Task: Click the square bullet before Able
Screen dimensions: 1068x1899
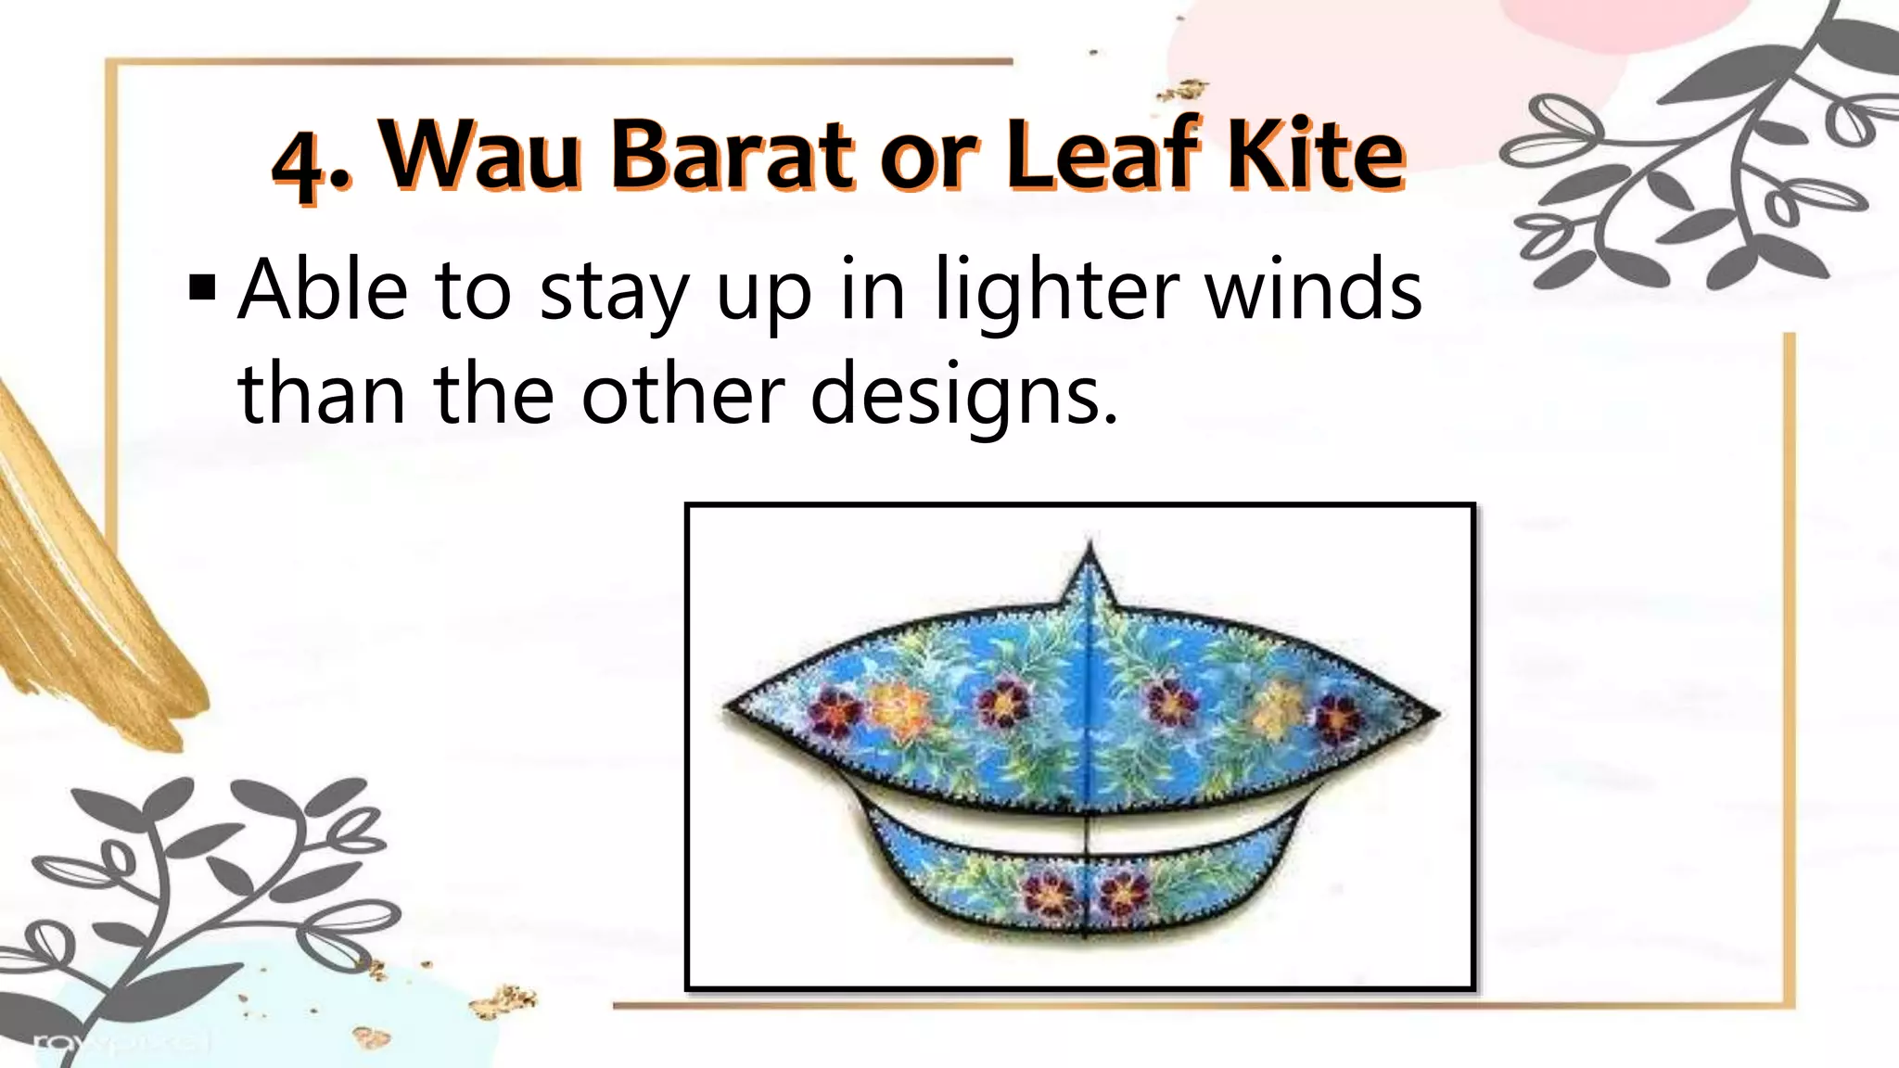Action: [x=202, y=288]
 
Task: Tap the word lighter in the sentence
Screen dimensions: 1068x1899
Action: [x=1057, y=292]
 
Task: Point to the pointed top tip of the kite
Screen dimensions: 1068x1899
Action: [x=1090, y=547]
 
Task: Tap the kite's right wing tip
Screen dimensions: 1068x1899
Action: [x=1437, y=713]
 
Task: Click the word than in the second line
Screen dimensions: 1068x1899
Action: [x=321, y=393]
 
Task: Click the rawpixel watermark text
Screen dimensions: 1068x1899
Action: [x=121, y=1044]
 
